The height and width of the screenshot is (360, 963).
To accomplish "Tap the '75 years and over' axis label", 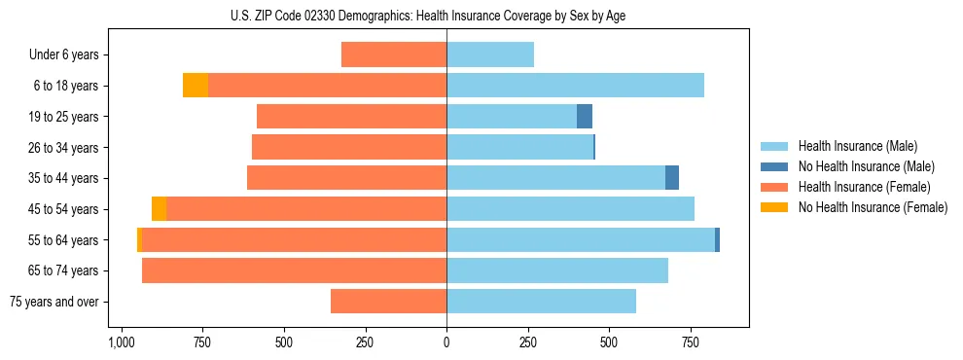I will click(54, 302).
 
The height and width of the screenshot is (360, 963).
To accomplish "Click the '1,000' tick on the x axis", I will click(122, 343).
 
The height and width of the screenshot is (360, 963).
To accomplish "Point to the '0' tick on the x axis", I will click(446, 343).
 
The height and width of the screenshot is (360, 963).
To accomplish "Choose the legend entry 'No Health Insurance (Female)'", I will click(873, 207).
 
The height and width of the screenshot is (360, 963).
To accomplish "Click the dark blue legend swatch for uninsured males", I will click(774, 166).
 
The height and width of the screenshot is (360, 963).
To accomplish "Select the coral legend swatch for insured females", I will click(774, 187).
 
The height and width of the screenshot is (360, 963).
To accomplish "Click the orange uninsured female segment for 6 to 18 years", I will click(196, 86).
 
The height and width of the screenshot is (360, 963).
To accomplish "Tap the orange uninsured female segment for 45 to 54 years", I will click(159, 209).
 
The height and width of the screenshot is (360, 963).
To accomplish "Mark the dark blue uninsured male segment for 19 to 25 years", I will click(585, 117).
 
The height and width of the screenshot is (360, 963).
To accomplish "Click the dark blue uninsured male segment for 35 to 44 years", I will click(672, 178).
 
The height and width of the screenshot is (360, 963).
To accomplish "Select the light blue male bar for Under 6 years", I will click(490, 55).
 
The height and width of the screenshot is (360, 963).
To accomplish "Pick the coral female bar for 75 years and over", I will click(388, 302).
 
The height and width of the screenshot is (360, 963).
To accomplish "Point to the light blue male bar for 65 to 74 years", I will click(557, 270).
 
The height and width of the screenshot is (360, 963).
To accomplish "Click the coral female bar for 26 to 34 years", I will click(515, 148).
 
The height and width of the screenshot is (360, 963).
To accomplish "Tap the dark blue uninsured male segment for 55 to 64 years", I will click(717, 239).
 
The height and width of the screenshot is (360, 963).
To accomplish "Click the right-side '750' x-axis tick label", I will click(690, 343).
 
